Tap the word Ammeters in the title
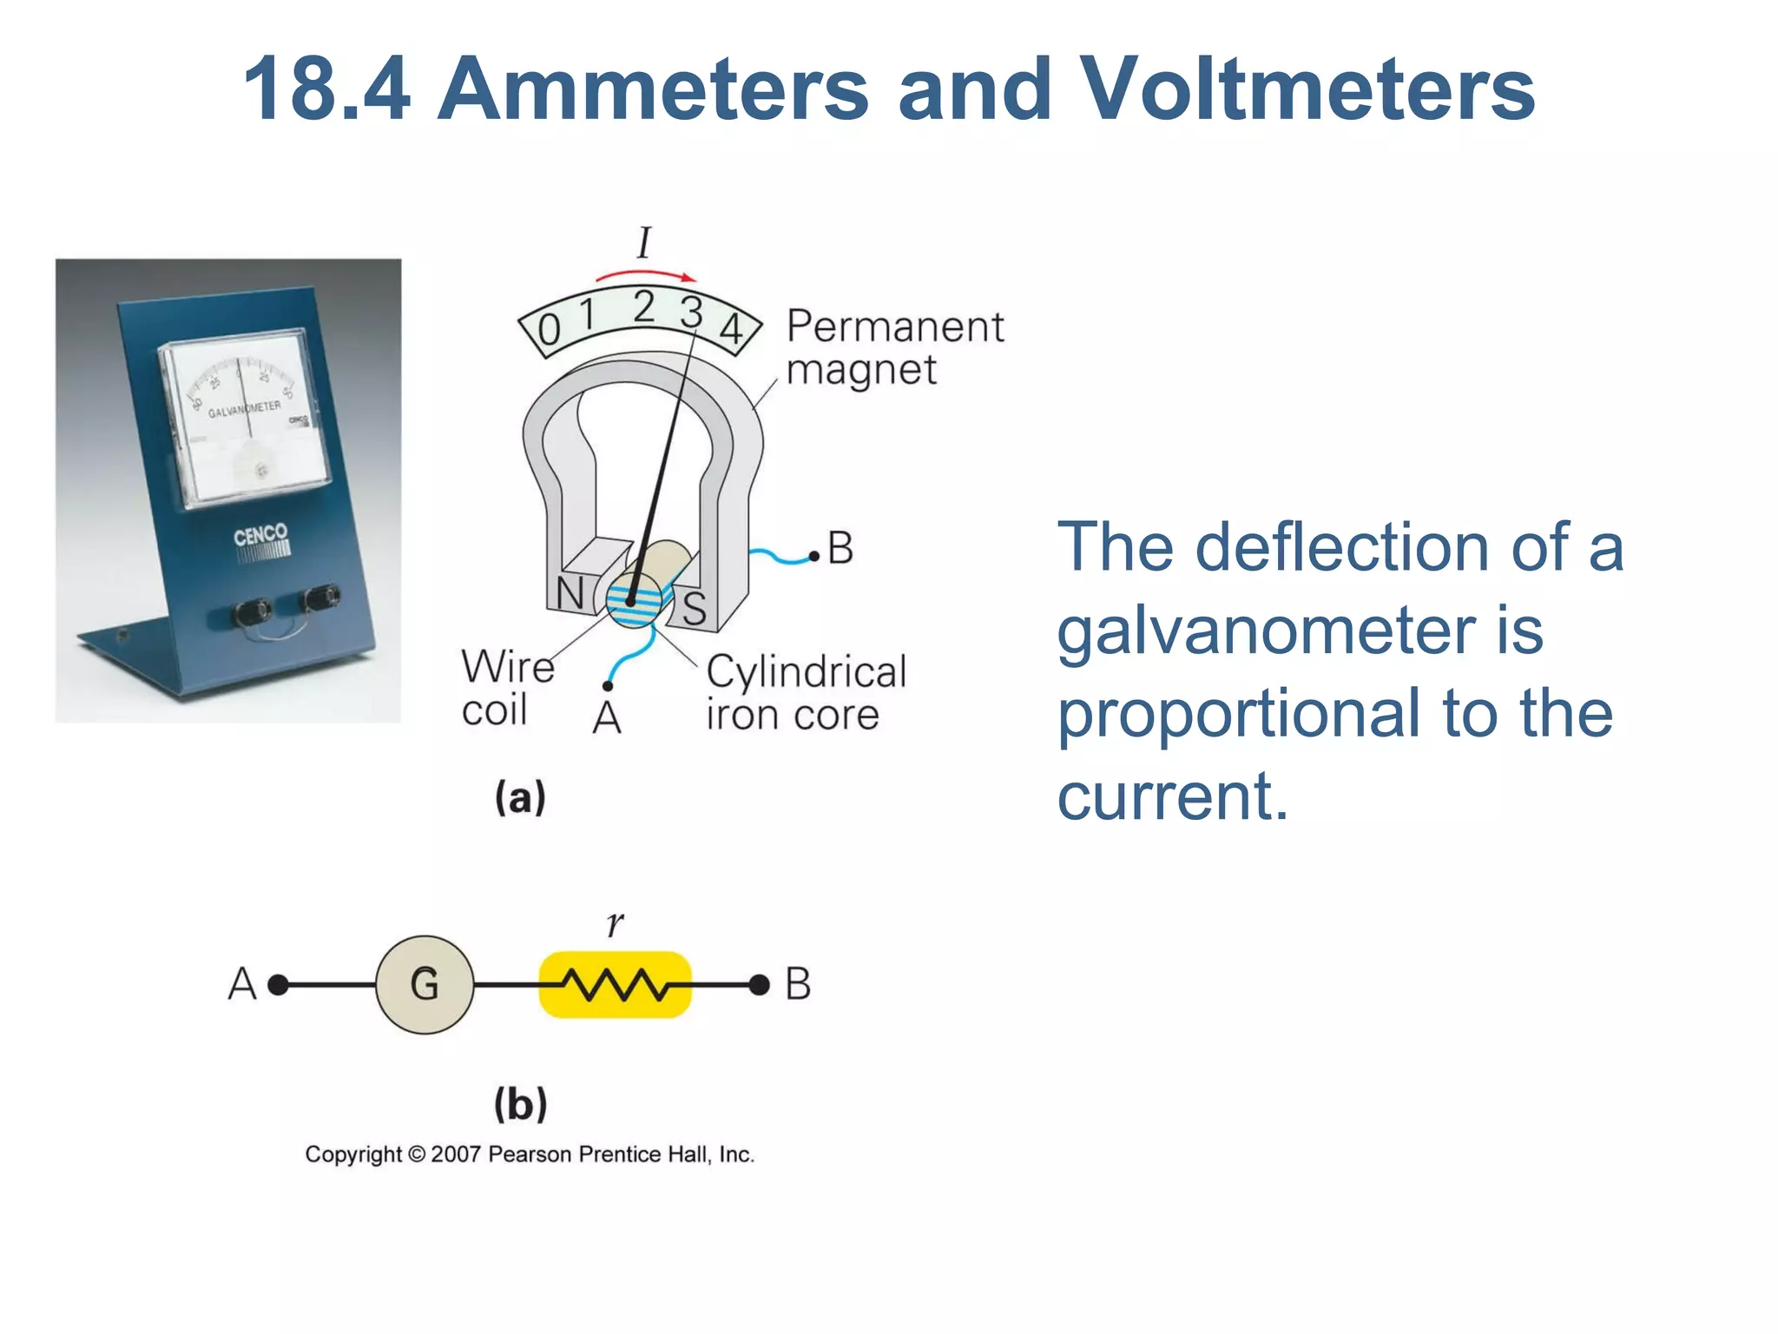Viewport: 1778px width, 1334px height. click(652, 89)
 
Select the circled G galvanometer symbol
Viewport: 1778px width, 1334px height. click(425, 984)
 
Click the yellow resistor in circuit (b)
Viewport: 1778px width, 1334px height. click(615, 984)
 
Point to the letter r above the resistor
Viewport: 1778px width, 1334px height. click(615, 923)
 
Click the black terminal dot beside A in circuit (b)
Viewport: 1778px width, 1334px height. click(278, 984)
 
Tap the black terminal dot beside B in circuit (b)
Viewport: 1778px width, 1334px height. click(759, 984)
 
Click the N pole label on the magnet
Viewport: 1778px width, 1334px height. click(570, 593)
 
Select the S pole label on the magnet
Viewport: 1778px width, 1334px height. click(694, 608)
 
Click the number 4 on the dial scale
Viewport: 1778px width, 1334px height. click(731, 328)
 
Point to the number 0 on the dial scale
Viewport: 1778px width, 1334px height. click(549, 330)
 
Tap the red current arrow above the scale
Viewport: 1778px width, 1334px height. click(645, 275)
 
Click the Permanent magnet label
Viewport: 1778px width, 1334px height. click(894, 347)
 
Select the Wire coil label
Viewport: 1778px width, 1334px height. click(507, 688)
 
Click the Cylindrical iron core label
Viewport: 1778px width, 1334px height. click(806, 692)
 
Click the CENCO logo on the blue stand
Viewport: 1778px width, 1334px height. click(260, 534)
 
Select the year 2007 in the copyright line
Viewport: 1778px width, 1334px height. click(455, 1154)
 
